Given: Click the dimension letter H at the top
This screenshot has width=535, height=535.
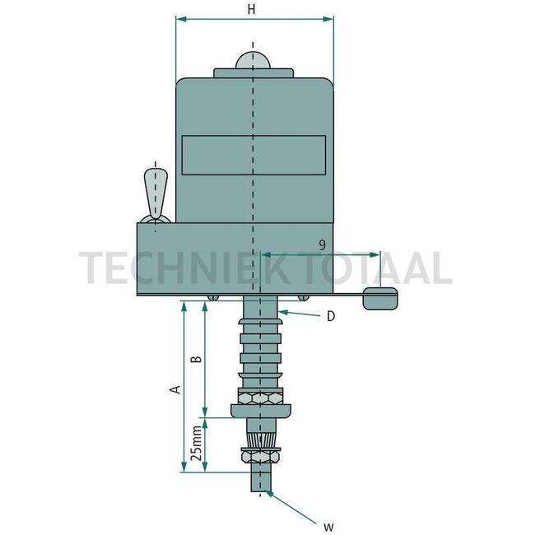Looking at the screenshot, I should click(x=254, y=9).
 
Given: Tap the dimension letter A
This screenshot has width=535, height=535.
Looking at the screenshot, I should click(x=174, y=388).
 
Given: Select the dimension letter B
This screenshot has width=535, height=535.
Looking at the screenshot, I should click(x=195, y=360).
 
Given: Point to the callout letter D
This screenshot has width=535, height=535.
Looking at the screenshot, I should click(x=329, y=316).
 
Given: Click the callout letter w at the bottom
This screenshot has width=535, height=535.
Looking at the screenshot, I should click(x=327, y=524).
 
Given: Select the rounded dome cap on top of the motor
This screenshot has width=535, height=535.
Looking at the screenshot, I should click(x=254, y=61).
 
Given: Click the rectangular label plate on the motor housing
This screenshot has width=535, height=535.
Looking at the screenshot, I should click(x=254, y=155).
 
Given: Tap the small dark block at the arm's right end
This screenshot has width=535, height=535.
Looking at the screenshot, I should click(x=380, y=299).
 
